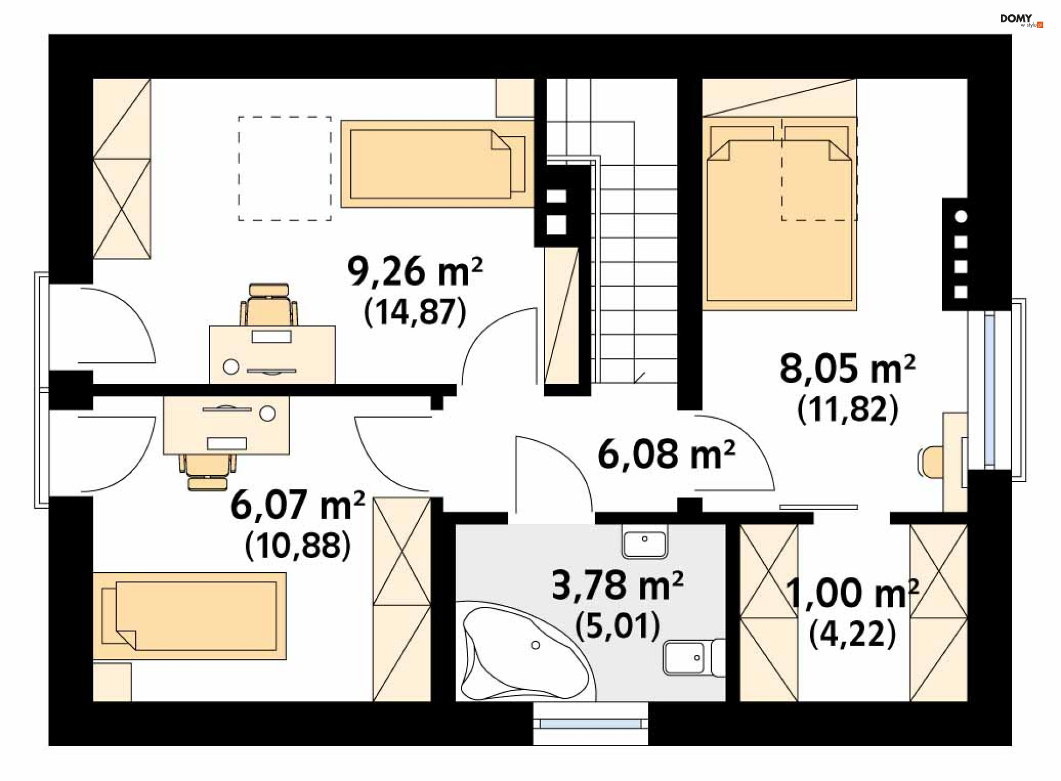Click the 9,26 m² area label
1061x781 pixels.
415,272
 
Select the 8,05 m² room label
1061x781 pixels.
847,369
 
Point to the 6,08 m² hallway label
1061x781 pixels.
666,454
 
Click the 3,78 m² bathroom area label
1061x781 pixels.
617,585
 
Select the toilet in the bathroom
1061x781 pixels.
694,657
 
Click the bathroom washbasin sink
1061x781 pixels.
645,541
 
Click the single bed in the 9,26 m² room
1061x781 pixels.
437,164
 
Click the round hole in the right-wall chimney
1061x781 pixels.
961,217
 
